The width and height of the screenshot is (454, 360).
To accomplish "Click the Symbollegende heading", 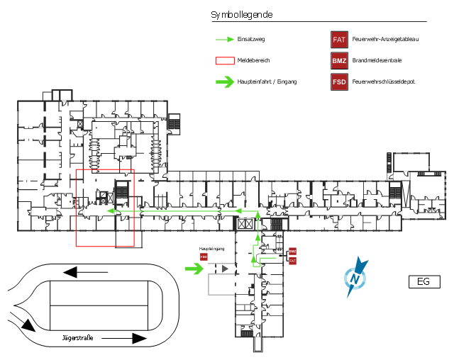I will [242, 15].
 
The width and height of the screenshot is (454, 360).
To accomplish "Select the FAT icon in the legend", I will [340, 40].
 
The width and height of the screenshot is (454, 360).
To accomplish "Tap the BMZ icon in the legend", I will [340, 61].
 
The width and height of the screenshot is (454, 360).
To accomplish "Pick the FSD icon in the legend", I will [340, 81].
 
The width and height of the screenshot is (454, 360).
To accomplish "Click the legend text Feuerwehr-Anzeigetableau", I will [385, 40].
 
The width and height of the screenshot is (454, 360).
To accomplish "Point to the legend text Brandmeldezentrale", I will [377, 61].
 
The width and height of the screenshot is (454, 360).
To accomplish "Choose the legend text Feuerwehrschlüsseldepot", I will [383, 81].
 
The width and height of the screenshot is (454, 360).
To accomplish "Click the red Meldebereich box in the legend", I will [225, 61].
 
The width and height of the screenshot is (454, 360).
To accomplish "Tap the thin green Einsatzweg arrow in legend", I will [225, 40].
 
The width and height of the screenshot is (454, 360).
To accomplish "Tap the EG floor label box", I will [423, 282].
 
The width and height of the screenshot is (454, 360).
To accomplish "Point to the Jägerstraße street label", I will [78, 337].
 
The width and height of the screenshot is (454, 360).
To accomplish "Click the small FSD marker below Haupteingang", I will [204, 257].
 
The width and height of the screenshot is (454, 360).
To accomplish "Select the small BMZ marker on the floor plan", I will [292, 252].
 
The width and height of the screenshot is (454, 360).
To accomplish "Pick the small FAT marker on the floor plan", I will [292, 261].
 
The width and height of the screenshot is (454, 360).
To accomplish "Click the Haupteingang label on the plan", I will [211, 249].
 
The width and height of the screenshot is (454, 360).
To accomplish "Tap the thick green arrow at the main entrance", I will [194, 269].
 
